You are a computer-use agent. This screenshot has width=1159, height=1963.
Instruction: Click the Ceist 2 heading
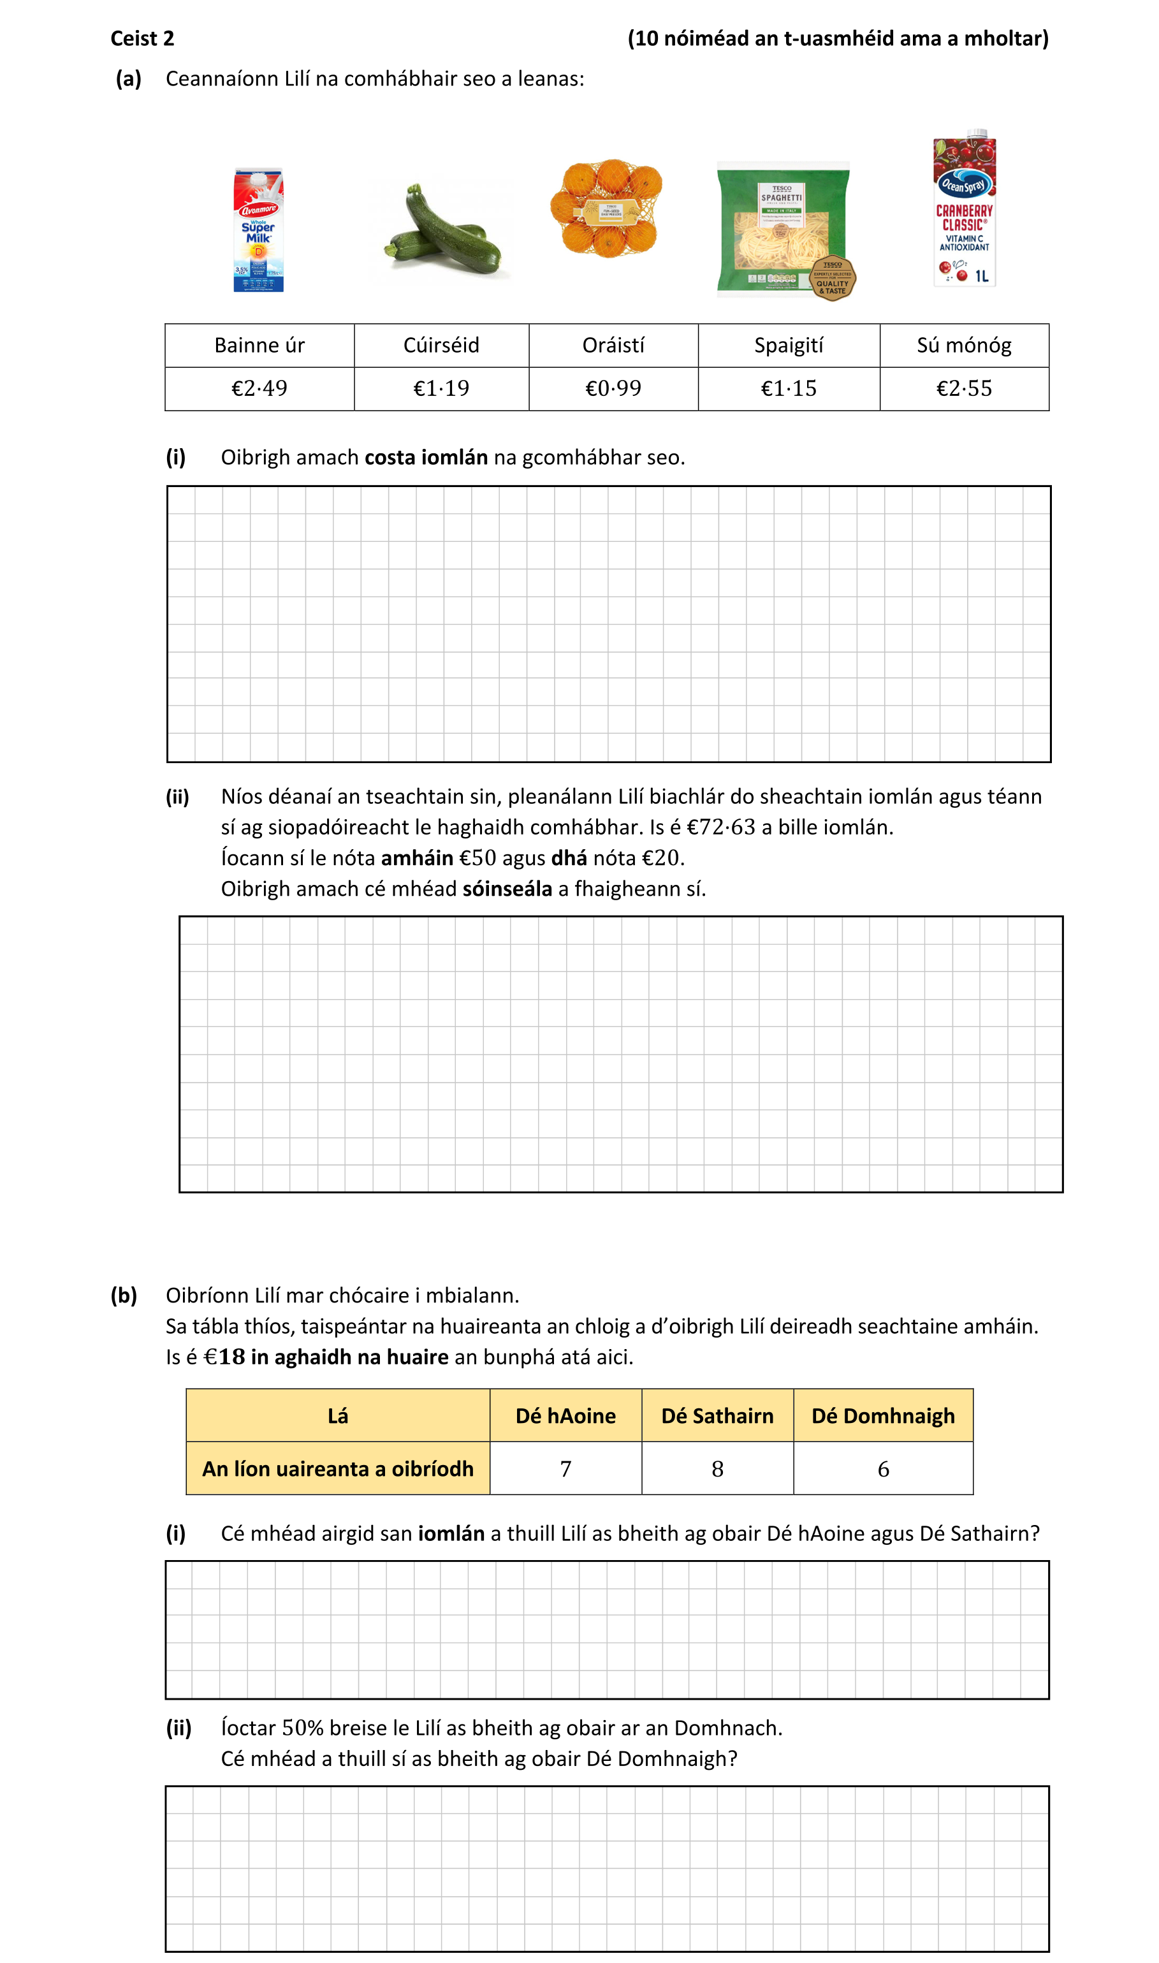142,38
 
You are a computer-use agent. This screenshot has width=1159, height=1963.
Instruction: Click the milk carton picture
258,230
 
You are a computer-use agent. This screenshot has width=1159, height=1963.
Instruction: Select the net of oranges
607,208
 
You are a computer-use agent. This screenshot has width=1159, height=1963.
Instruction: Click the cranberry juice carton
965,209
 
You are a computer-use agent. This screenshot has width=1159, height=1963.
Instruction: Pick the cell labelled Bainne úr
259,345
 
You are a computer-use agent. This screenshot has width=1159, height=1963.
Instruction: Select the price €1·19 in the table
441,388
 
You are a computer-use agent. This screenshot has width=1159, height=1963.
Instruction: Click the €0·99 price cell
613,388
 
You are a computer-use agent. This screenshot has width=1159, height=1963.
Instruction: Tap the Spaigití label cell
789,345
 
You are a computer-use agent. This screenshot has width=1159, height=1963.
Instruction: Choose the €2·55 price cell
964,388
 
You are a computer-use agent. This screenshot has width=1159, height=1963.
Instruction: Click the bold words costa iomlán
426,458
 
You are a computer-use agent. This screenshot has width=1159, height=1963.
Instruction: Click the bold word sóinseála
507,889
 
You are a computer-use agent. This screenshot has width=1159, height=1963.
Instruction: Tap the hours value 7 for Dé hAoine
565,1470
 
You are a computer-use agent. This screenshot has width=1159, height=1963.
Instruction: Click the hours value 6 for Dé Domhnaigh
884,1470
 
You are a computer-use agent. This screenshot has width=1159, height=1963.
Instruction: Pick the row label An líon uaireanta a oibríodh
337,1469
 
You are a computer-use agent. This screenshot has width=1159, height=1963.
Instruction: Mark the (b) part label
124,1295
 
